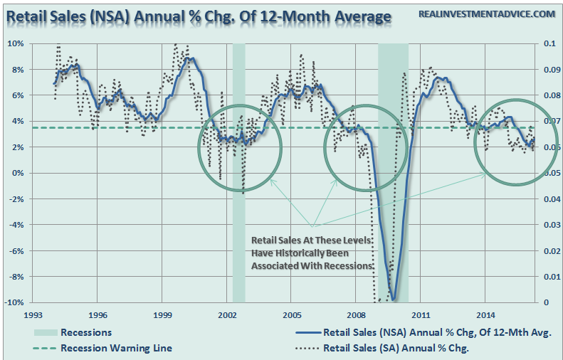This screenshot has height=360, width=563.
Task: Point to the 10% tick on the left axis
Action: pos(16,43)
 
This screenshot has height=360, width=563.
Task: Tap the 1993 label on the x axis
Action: pos(33,314)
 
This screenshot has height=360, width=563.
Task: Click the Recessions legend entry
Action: pos(86,332)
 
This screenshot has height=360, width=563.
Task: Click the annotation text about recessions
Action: pos(311,253)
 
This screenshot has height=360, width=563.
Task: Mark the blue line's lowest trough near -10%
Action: pos(392,300)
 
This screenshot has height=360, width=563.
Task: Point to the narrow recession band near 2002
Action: pos(238,171)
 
